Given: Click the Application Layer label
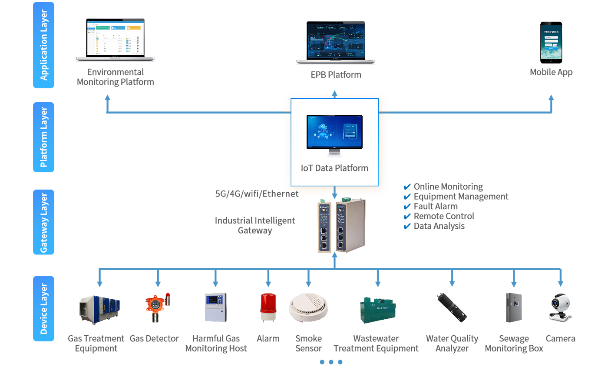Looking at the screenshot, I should pyautogui.click(x=44, y=44).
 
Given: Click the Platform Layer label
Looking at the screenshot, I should pyautogui.click(x=44, y=137).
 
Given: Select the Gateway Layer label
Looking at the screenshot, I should pyautogui.click(x=44, y=222).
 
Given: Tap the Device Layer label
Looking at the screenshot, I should pyautogui.click(x=44, y=309).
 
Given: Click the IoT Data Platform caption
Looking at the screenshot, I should pyautogui.click(x=334, y=168).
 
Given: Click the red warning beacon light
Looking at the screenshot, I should pyautogui.click(x=267, y=302).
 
